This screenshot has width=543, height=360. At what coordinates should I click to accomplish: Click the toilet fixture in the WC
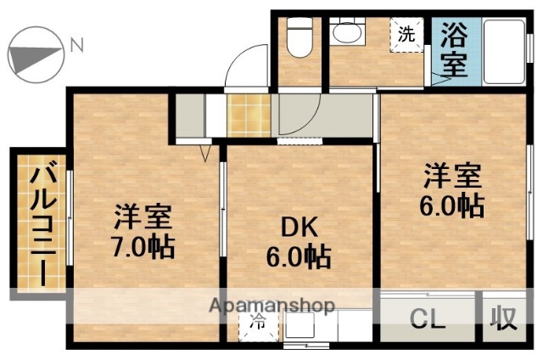pyautogui.click(x=299, y=37)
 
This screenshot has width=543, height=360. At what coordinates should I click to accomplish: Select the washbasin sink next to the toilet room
pyautogui.click(x=345, y=33)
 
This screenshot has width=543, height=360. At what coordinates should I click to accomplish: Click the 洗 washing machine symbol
pyautogui.click(x=407, y=36)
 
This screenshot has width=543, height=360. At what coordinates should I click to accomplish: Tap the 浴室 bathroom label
pyautogui.click(x=452, y=52)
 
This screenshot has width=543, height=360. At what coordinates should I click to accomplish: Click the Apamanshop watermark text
pyautogui.click(x=271, y=306)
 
